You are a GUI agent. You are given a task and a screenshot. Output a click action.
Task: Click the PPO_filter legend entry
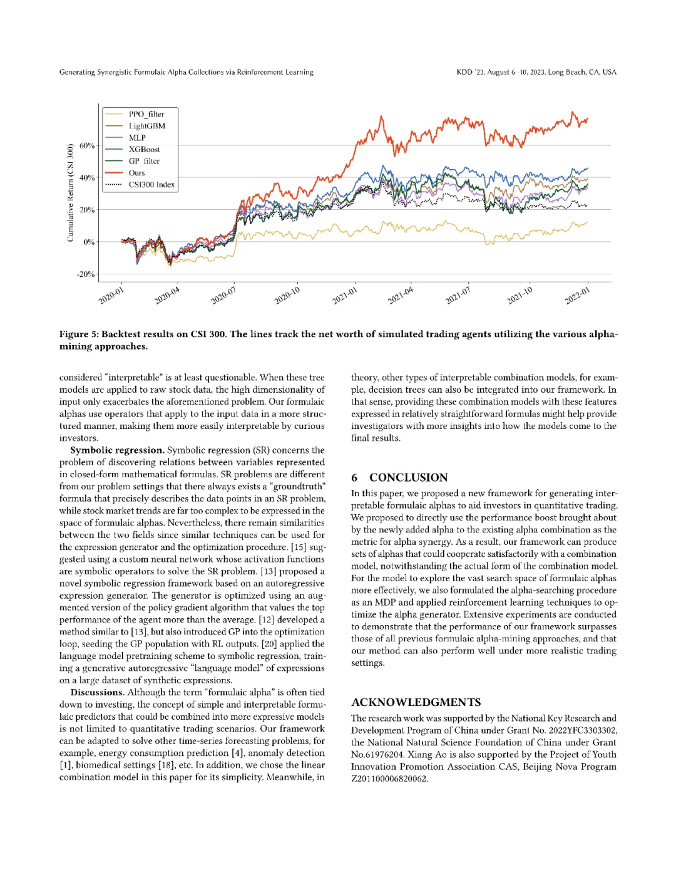click(x=146, y=114)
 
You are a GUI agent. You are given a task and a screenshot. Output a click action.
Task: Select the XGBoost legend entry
click(x=144, y=149)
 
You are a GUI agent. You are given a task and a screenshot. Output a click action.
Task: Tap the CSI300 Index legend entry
click(x=151, y=185)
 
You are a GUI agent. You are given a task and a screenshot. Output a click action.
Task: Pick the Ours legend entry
click(x=136, y=173)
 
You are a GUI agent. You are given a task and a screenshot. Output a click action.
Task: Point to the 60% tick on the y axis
click(x=87, y=146)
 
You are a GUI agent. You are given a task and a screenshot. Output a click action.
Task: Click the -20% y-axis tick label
click(x=86, y=274)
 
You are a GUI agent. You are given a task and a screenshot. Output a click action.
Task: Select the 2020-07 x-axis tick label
click(x=223, y=295)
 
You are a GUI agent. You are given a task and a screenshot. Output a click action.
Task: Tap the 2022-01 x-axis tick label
click(x=577, y=295)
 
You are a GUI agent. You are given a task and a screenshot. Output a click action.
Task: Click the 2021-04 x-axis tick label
click(x=401, y=295)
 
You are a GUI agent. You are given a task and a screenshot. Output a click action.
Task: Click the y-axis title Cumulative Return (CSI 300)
click(x=71, y=192)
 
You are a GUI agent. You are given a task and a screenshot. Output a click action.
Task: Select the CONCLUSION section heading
click(x=408, y=478)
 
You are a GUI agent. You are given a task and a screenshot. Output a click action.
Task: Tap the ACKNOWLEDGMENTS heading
click(x=416, y=702)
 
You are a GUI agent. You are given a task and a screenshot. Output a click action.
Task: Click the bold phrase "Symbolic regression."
click(x=117, y=450)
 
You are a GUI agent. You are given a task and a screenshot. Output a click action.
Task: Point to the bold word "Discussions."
click(x=97, y=692)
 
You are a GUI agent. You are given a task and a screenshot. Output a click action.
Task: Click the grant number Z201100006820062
click(x=389, y=779)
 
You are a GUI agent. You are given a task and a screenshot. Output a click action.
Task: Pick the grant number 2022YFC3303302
click(x=583, y=730)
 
